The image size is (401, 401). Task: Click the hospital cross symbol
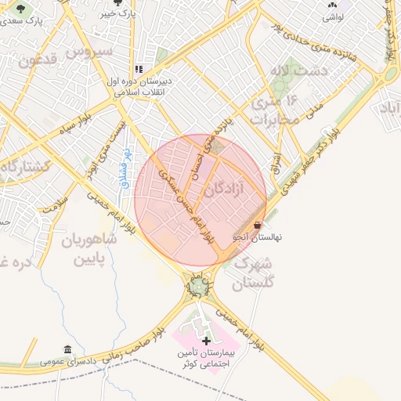click(206, 341)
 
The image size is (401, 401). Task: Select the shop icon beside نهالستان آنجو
click(258, 225)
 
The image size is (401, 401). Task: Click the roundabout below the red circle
click(198, 287)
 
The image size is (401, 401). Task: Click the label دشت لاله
click(283, 70)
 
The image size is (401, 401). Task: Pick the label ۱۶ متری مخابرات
click(273, 109)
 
